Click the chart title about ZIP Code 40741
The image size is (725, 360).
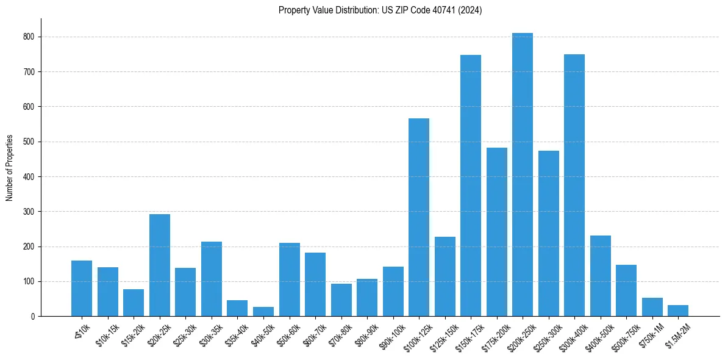[x=380, y=10]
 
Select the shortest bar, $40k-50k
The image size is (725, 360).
[x=263, y=312]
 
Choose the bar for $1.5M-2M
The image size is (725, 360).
[x=678, y=311]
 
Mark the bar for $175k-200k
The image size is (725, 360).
[x=496, y=232]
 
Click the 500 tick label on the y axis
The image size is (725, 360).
[x=34, y=142]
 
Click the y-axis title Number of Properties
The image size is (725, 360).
[x=10, y=168]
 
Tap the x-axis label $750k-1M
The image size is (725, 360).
[x=651, y=334]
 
